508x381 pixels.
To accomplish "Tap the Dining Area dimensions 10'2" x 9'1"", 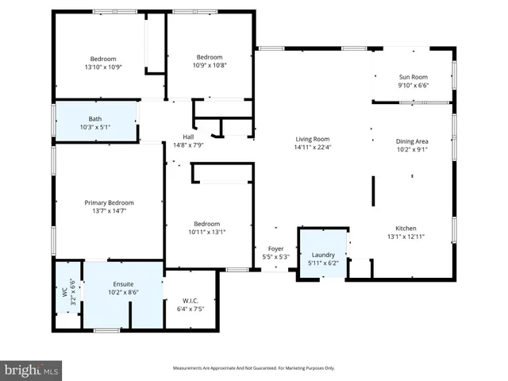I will [412, 148].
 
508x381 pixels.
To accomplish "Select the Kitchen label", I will [406, 229].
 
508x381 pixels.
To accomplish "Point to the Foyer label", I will [275, 248].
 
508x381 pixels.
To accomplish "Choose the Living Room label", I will [312, 139].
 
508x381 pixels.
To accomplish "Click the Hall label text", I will [188, 137].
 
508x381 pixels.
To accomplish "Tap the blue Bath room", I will [95, 123].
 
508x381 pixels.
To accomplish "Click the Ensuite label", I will [123, 283].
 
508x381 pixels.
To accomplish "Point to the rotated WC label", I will [65, 291].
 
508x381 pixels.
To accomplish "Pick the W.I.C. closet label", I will [190, 301].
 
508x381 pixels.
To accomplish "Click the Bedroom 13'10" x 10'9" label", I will [103, 59].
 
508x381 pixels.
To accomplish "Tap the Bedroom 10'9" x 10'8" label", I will [210, 57].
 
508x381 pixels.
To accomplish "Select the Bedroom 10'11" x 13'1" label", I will [207, 224].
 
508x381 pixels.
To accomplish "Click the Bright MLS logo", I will [32, 369].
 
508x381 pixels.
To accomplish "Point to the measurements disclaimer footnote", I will [254, 368].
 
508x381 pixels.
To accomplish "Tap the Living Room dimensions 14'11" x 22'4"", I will [312, 147].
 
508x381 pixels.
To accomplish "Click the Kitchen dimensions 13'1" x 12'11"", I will [406, 237].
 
